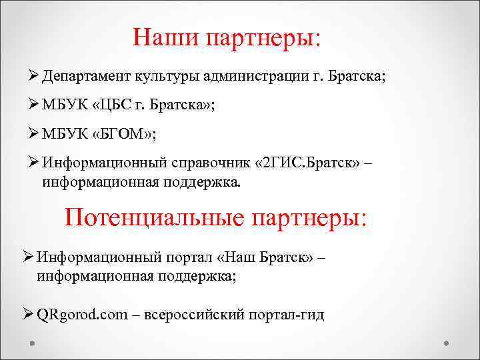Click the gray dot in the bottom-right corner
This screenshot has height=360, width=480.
click(447, 343)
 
